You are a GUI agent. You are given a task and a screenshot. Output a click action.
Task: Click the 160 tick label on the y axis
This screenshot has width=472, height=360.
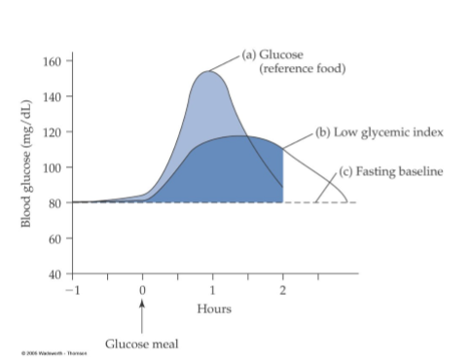(x=54, y=61)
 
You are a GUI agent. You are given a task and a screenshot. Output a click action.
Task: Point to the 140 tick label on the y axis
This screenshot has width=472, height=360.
(x=54, y=96)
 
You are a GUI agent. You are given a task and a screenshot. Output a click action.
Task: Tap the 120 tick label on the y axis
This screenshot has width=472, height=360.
(x=54, y=131)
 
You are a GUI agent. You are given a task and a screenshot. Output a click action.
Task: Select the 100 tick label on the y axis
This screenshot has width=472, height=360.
(x=54, y=167)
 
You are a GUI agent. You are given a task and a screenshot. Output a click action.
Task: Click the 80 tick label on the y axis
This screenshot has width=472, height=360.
(x=56, y=202)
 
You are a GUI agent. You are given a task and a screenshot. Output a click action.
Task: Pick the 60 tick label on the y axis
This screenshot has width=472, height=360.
(x=56, y=238)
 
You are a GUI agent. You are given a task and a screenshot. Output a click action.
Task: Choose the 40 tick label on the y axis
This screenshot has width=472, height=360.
(x=56, y=273)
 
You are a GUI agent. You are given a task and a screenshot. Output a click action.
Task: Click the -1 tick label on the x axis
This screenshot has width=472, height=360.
(x=70, y=289)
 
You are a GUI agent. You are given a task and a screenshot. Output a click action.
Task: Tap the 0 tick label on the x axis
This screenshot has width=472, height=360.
(x=142, y=289)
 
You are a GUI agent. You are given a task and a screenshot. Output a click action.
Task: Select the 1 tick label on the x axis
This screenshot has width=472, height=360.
(x=212, y=289)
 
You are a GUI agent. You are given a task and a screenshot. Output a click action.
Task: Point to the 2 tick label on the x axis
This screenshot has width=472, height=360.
(x=283, y=289)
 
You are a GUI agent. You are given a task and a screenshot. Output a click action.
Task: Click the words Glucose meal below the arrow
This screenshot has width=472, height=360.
(x=142, y=342)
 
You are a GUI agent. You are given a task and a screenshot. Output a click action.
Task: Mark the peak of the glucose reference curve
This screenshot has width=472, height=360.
(x=208, y=71)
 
